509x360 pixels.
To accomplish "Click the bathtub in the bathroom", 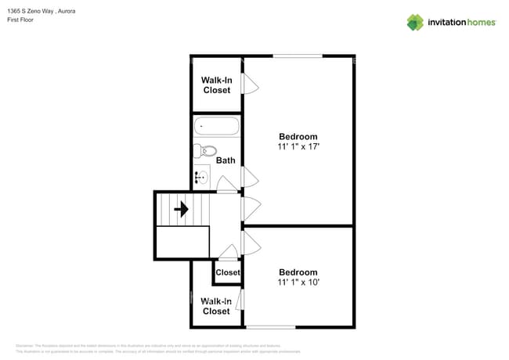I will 216,126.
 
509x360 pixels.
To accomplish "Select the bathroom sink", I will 200,178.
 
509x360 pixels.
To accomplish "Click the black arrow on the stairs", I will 182,209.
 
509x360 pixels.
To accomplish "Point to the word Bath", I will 226,160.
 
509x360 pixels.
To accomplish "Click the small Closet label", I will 227,272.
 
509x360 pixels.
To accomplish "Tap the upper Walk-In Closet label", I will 216,85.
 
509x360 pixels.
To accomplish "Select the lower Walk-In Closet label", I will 216,306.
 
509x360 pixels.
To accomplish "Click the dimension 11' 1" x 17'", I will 298,146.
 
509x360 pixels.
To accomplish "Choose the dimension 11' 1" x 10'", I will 298,282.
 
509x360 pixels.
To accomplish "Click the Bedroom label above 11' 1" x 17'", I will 298,136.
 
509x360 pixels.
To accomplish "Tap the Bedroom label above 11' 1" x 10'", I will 298,272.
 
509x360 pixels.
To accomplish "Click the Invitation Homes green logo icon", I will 415,22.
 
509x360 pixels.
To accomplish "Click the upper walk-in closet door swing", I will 250,83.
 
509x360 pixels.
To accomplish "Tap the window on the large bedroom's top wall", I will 298,56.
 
